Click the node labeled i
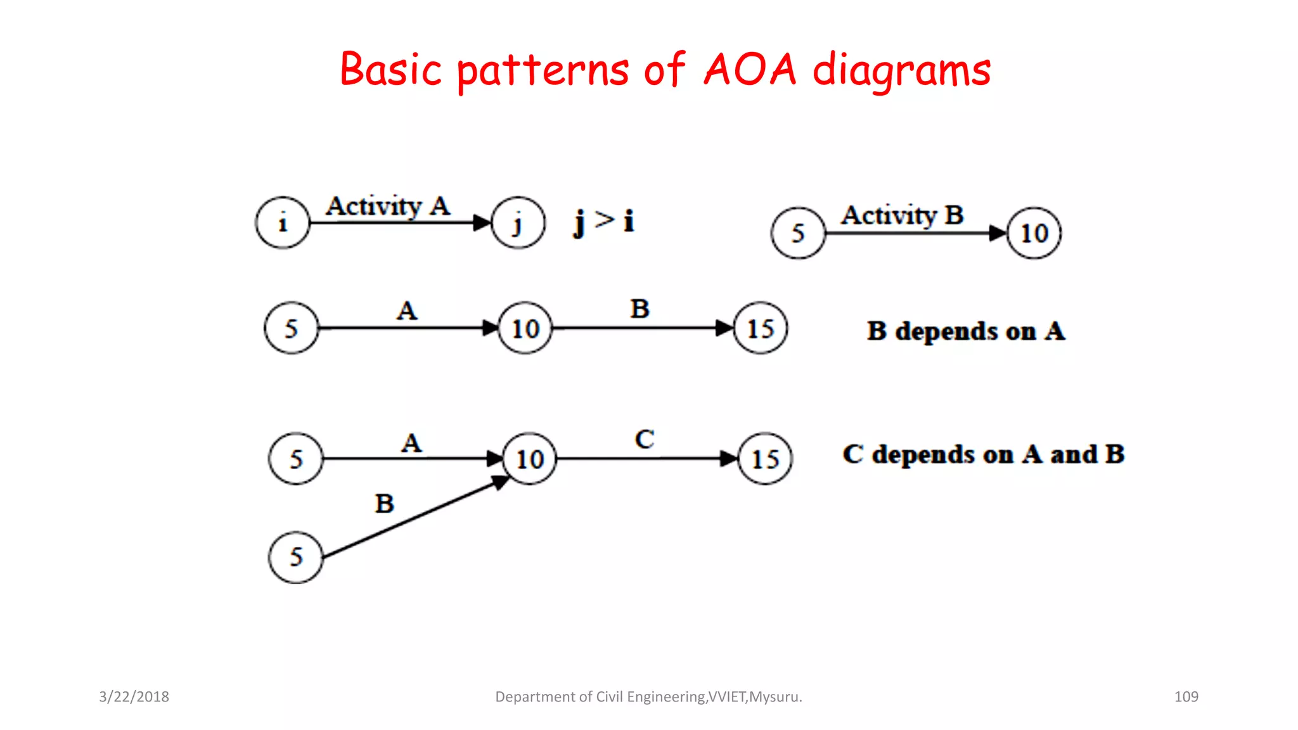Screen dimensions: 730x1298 283,222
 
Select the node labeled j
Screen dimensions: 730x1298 518,222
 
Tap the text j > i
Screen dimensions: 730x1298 603,221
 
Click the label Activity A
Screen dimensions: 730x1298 388,206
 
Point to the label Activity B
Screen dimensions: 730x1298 902,215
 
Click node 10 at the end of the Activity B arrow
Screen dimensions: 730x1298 1034,233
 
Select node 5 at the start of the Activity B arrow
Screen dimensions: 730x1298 798,233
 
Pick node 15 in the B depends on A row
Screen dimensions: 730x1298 761,328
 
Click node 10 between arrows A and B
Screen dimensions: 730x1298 525,328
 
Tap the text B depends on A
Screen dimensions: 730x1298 966,331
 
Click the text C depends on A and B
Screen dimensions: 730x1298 983,454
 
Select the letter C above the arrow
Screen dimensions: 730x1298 645,439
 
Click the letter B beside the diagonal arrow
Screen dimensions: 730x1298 385,504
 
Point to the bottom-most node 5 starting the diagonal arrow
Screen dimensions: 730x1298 296,557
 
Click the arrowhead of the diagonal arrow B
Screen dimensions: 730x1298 501,482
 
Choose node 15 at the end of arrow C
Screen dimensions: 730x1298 765,459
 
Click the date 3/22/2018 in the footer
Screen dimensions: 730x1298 134,696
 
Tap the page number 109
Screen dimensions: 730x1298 1186,696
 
